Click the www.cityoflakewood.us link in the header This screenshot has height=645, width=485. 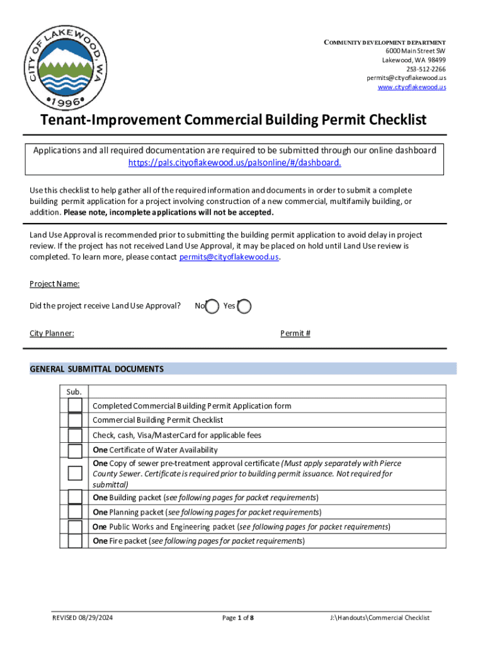[411, 87]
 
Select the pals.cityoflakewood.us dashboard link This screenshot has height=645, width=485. [235, 163]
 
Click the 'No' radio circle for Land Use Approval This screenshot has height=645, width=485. [212, 306]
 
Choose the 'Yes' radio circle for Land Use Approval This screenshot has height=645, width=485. [244, 306]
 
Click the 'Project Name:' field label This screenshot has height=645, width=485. [54, 284]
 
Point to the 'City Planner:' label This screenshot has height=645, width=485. [52, 333]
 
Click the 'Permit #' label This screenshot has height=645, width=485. [295, 333]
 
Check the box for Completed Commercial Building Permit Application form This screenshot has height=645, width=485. [75, 406]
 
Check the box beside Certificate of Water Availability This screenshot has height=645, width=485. [75, 450]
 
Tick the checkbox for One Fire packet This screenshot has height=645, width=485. [75, 541]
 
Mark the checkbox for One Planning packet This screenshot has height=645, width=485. [75, 512]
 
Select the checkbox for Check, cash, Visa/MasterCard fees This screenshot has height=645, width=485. [75, 435]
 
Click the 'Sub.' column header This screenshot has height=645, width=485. [74, 392]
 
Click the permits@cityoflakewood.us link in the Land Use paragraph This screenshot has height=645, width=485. [229, 257]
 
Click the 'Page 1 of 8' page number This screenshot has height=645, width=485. [238, 618]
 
